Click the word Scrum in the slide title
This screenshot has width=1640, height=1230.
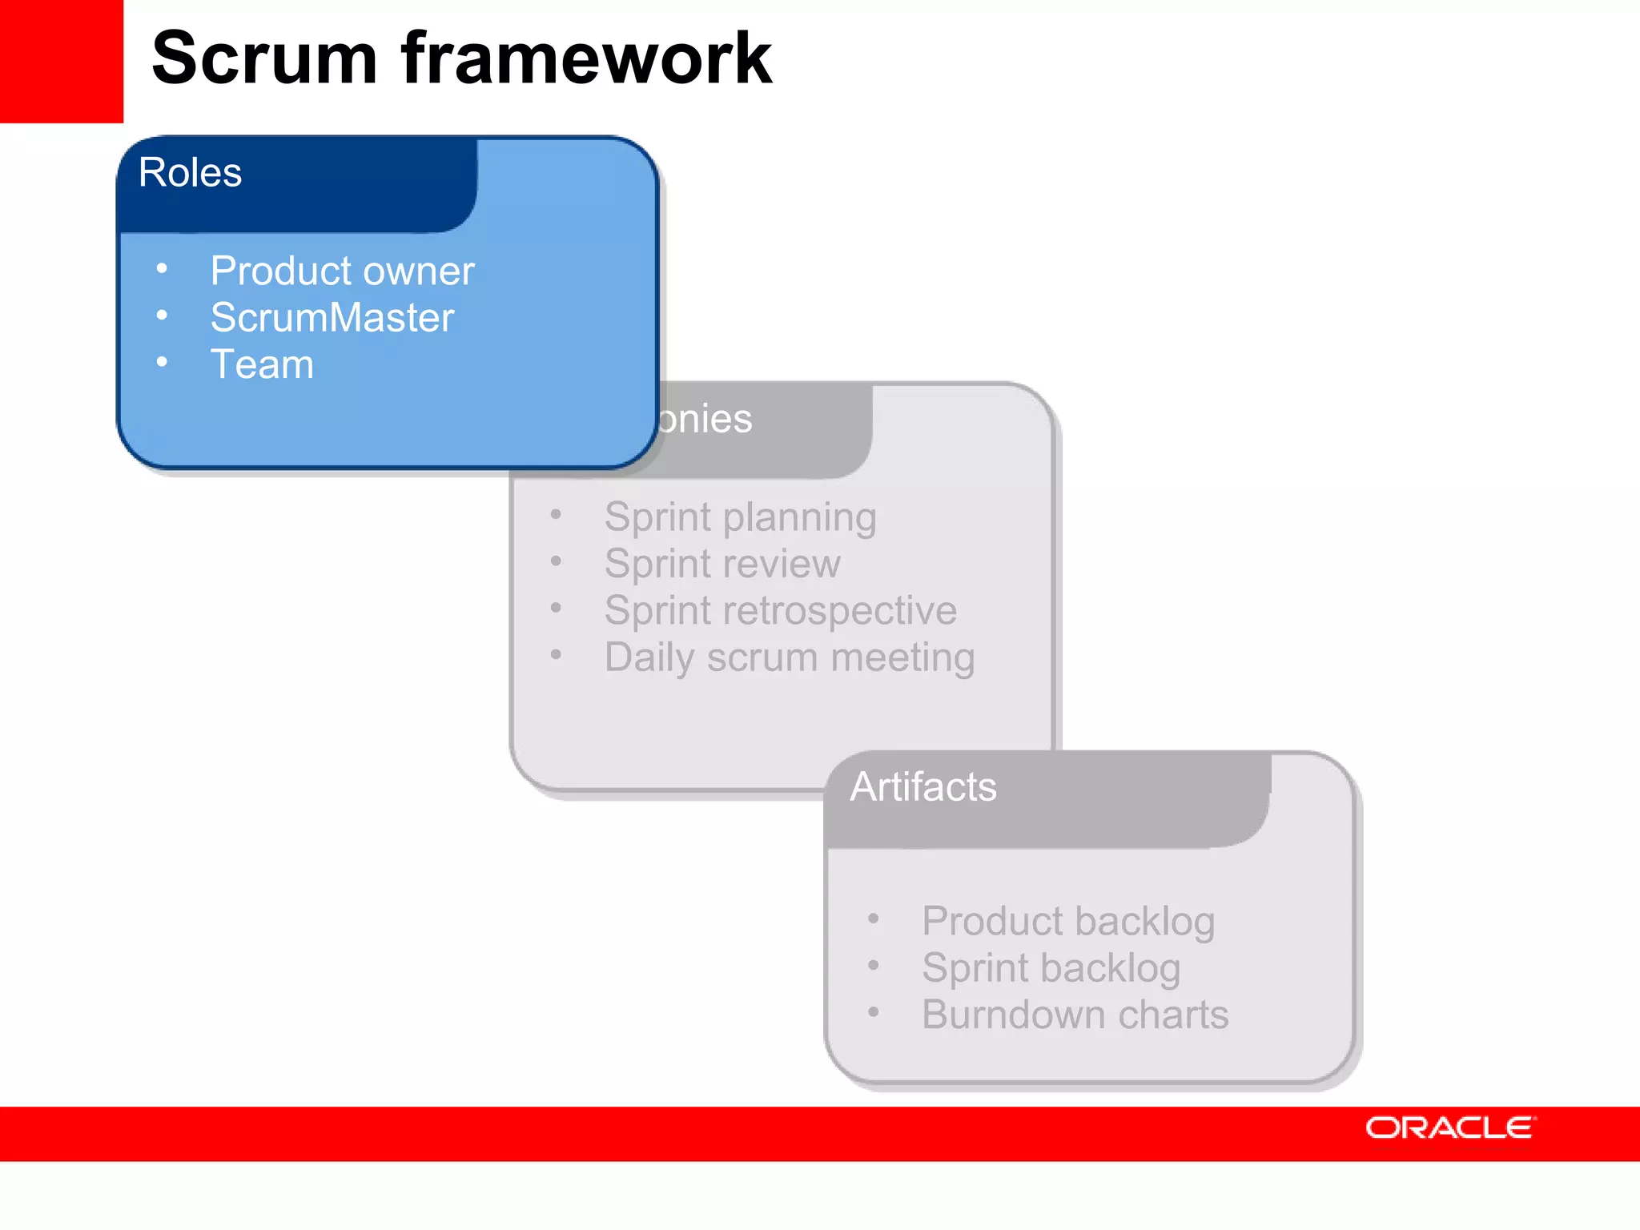coord(264,58)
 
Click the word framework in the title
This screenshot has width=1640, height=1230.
coord(586,58)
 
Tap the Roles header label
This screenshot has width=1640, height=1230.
coord(190,172)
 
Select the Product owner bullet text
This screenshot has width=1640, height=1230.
coord(342,271)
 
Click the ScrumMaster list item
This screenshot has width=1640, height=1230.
coord(332,317)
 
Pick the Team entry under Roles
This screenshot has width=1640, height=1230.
coord(262,364)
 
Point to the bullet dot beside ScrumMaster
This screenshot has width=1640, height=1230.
coord(162,316)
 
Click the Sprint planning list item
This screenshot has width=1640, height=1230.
coord(740,517)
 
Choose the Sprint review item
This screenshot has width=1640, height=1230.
coord(722,564)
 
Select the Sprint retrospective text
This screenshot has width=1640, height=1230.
coord(780,610)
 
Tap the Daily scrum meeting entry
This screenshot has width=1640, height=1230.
coord(790,657)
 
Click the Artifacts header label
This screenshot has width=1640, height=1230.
coord(923,786)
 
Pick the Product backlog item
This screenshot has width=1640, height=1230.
coord(1068,921)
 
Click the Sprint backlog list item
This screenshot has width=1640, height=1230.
coord(1051,968)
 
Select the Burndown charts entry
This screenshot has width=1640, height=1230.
coord(1075,1015)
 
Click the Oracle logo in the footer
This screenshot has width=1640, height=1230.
coord(1450,1127)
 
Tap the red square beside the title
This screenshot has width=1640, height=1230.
coord(61,61)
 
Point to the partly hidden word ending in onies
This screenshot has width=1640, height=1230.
coord(705,419)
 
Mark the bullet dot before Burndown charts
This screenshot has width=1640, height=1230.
coord(874,1013)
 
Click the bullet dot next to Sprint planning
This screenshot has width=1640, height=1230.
coord(556,515)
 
